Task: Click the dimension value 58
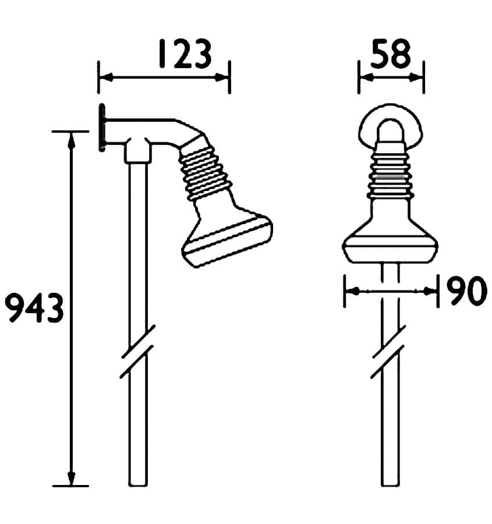tap(391, 54)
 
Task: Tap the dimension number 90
tap(466, 291)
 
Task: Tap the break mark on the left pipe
tap(137, 352)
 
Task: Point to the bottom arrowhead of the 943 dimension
tap(71, 479)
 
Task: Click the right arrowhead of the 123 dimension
tap(224, 76)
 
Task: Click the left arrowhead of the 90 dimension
tap(351, 291)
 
